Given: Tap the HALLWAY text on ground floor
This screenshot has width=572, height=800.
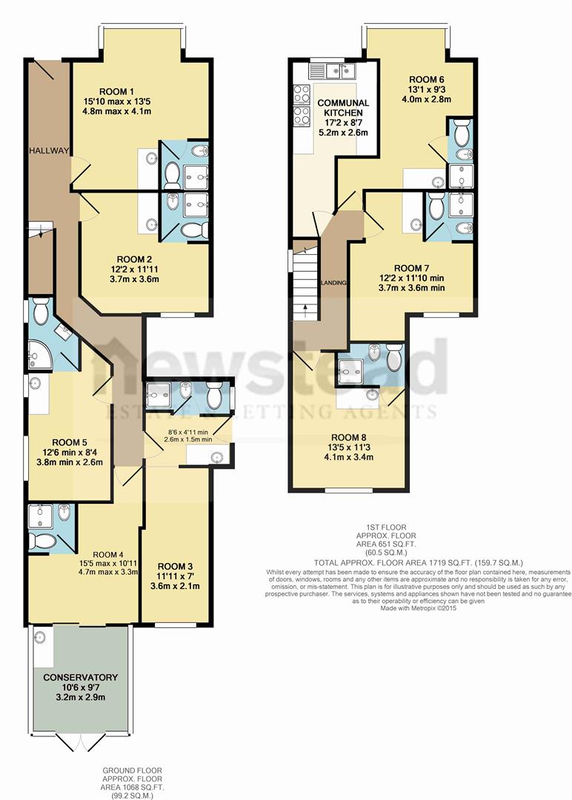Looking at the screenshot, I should point(49,150).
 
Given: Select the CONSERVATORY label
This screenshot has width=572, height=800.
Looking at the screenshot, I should point(80,677).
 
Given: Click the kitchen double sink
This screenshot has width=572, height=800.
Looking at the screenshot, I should point(333,72).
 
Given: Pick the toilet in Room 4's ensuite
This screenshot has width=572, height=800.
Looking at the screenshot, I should point(43,541).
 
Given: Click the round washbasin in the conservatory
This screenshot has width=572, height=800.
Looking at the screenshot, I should point(39,638).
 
